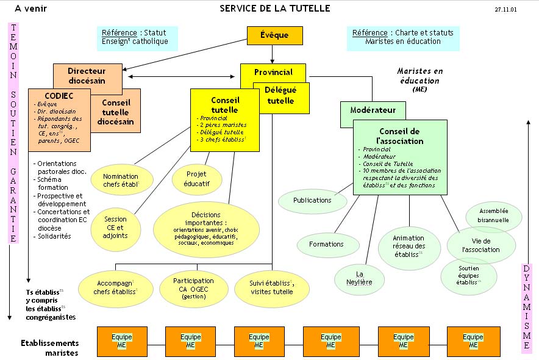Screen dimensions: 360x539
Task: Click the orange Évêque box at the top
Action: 274,35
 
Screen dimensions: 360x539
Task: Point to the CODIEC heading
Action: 59,96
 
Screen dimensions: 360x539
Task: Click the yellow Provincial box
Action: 273,72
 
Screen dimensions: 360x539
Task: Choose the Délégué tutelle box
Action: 282,96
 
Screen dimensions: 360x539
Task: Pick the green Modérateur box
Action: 373,110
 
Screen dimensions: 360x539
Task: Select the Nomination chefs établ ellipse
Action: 121,180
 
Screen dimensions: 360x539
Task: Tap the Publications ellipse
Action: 312,200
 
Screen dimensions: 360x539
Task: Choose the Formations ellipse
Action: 327,244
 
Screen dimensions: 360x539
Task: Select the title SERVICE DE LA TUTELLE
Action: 275,9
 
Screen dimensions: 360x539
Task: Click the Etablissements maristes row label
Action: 50,348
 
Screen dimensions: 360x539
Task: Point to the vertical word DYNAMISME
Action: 527,308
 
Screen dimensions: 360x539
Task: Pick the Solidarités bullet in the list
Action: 54,236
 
